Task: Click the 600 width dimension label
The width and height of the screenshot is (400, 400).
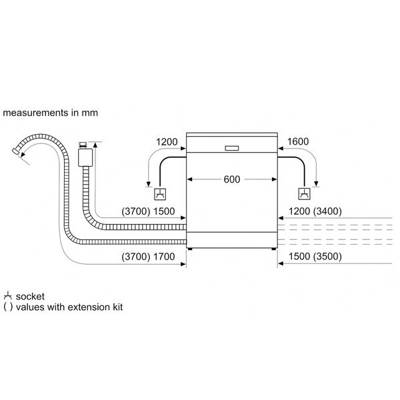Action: tap(231, 179)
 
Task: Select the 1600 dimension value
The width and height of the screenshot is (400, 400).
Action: tap(298, 141)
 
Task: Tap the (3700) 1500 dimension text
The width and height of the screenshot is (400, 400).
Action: tap(148, 211)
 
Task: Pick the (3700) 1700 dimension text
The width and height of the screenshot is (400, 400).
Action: tap(148, 257)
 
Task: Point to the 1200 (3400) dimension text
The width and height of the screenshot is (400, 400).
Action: tap(315, 211)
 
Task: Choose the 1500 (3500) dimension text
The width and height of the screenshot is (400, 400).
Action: tap(315, 257)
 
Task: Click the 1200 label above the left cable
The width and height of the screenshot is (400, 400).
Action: tap(167, 142)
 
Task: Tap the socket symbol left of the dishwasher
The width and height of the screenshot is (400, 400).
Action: tap(160, 194)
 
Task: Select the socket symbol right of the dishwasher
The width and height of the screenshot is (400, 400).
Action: tap(305, 194)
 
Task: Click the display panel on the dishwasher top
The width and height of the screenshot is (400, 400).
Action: tap(232, 148)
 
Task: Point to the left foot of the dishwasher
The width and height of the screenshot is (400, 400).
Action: tap(189, 249)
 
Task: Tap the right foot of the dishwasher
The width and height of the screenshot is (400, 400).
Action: tap(274, 249)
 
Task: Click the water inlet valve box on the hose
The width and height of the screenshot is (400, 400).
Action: tap(85, 157)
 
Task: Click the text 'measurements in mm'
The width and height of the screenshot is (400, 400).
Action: tap(50, 113)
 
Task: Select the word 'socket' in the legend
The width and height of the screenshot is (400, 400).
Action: tap(30, 297)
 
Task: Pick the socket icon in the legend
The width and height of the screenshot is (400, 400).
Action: tap(8, 295)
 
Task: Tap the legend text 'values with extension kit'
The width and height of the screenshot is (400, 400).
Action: tap(69, 307)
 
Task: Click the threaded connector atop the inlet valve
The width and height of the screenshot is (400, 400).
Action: tap(83, 145)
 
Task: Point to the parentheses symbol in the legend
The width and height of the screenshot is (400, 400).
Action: tap(8, 307)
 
